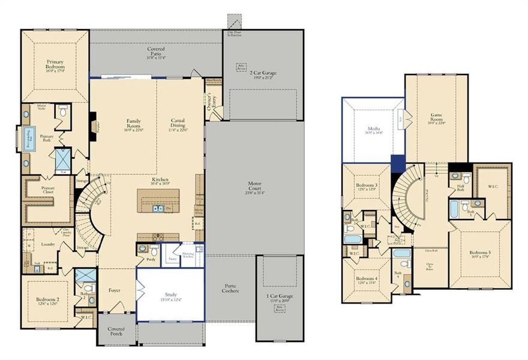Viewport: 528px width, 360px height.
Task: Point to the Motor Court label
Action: (x=255, y=187)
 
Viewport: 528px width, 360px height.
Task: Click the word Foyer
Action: (x=114, y=290)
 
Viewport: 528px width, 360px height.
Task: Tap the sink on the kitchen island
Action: (x=158, y=208)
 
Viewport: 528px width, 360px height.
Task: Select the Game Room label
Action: (x=436, y=118)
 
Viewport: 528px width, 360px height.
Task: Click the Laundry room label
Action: (x=48, y=245)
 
